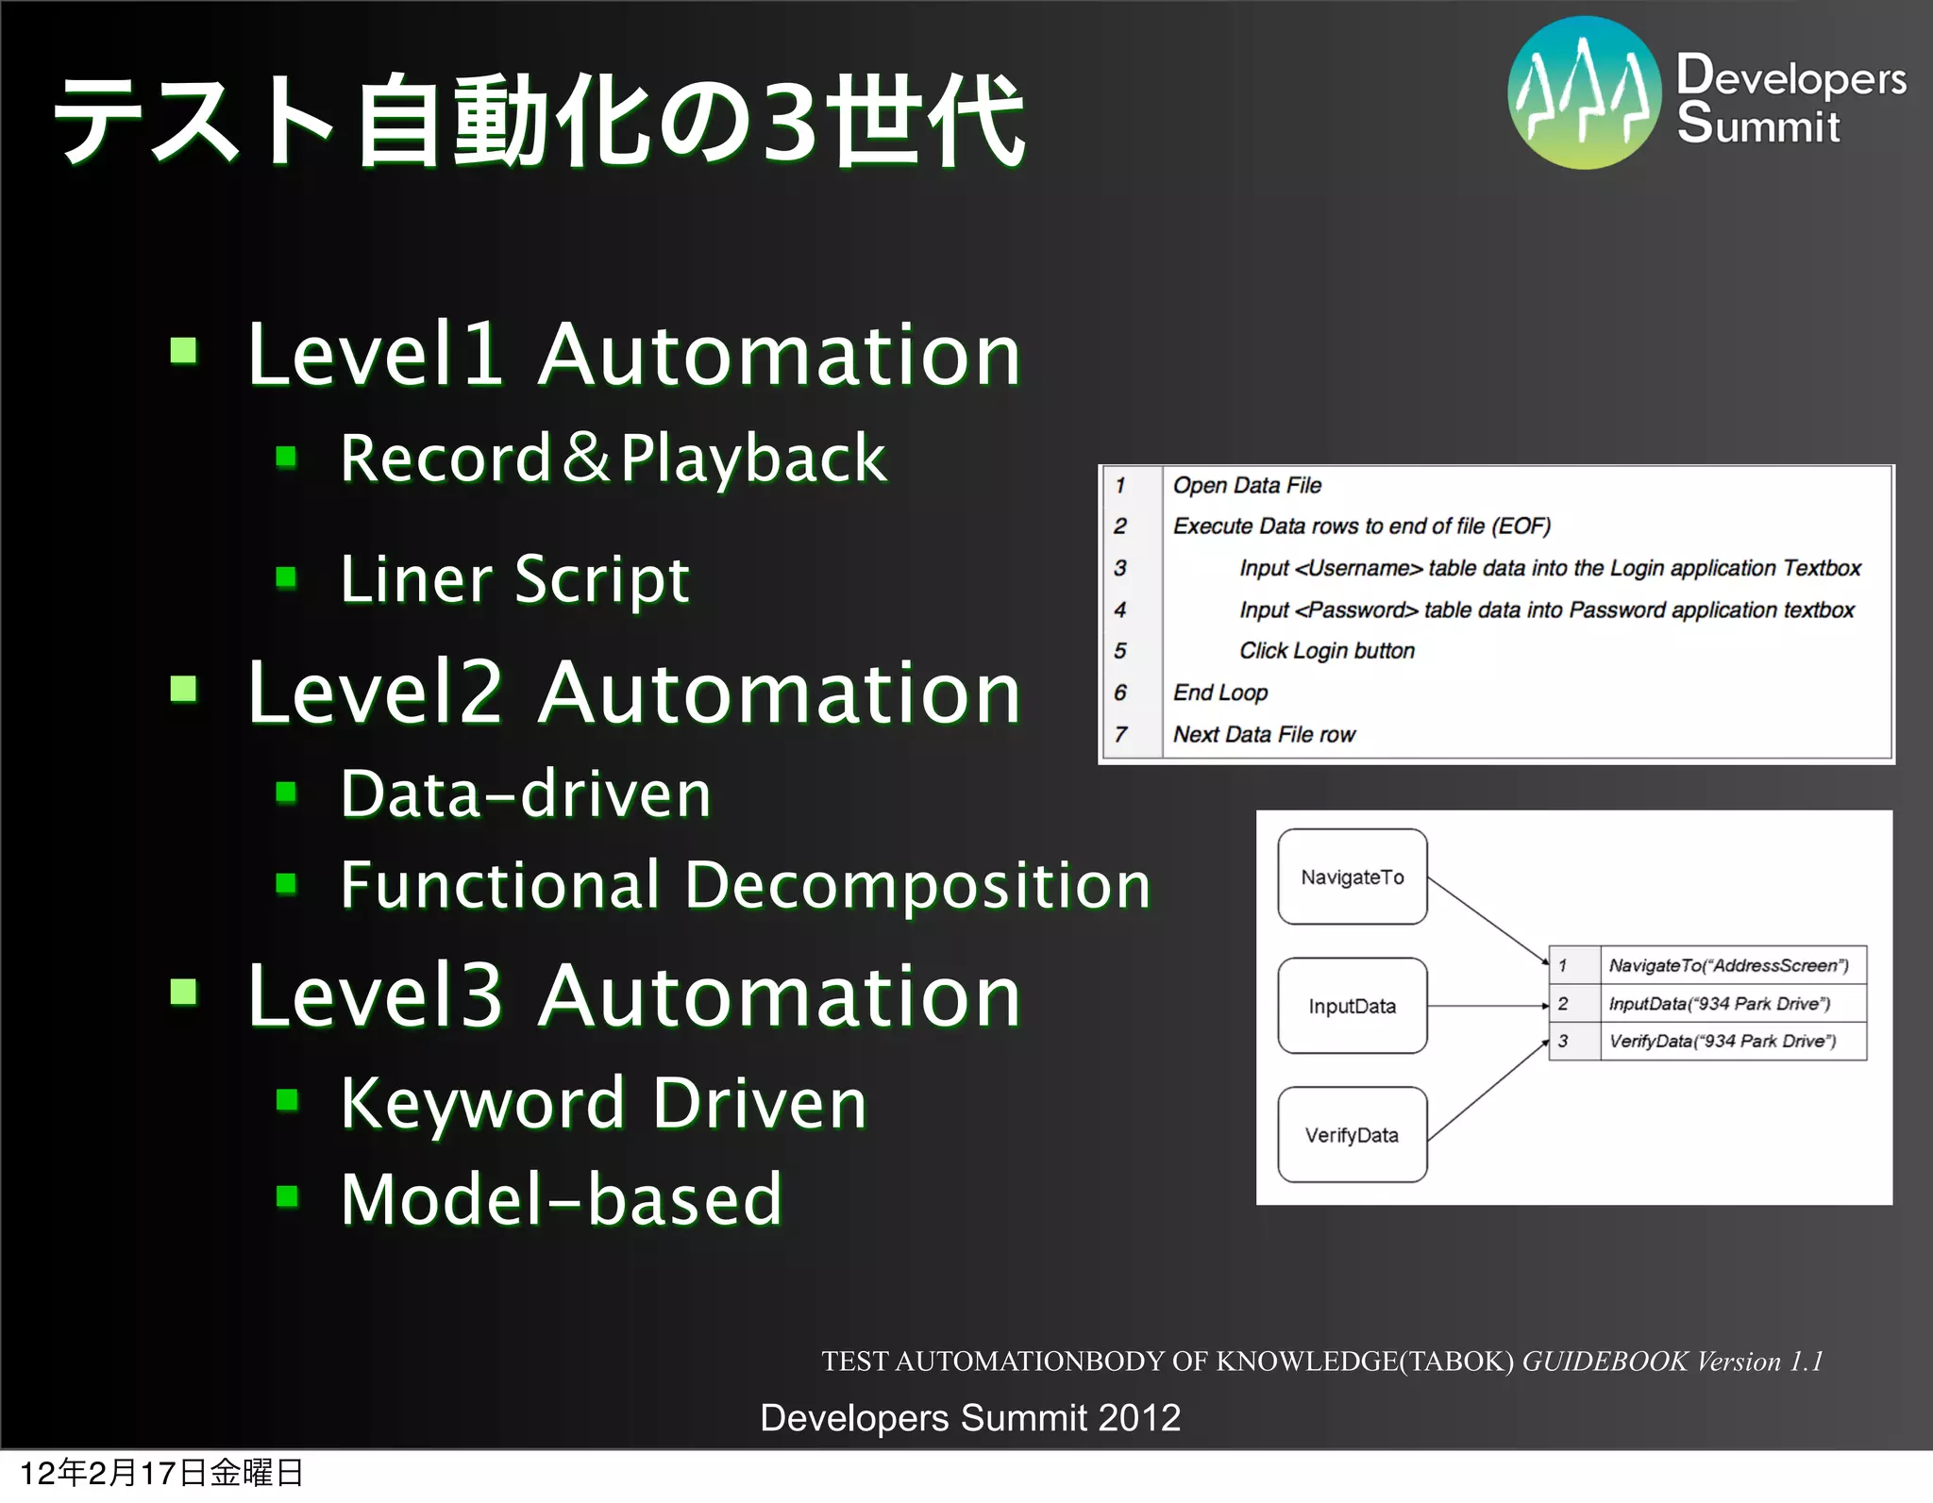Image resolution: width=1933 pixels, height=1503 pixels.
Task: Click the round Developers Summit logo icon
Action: tap(1584, 92)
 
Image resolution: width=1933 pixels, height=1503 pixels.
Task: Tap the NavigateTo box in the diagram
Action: tap(1352, 877)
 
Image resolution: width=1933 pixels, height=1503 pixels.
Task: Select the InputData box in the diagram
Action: tap(1352, 1006)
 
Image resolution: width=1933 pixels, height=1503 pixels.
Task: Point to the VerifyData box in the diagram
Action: tap(1352, 1134)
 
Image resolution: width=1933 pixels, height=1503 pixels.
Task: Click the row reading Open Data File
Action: tap(1246, 485)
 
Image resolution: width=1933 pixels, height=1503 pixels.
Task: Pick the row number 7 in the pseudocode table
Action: tap(1120, 734)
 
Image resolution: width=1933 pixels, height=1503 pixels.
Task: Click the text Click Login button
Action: tap(1326, 650)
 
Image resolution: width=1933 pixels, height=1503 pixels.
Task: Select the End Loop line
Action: tap(1219, 693)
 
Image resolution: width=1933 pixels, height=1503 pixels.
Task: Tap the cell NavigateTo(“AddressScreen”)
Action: tap(1728, 965)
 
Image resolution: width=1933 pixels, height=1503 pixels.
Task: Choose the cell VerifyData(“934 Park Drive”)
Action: tap(1723, 1041)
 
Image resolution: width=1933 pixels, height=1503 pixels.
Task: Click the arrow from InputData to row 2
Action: tap(1488, 1006)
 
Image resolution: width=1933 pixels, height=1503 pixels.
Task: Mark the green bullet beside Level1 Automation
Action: tap(184, 352)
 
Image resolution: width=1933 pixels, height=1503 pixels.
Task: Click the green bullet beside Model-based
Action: tap(287, 1196)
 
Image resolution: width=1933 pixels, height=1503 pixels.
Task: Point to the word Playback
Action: tap(753, 459)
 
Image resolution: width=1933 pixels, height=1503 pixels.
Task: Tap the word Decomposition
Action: tap(917, 885)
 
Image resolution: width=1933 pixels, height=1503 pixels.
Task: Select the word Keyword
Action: tap(482, 1102)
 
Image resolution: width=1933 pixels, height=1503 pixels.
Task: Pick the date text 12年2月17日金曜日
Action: tap(161, 1473)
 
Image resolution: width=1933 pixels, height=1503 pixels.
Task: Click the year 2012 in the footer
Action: tap(1138, 1417)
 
